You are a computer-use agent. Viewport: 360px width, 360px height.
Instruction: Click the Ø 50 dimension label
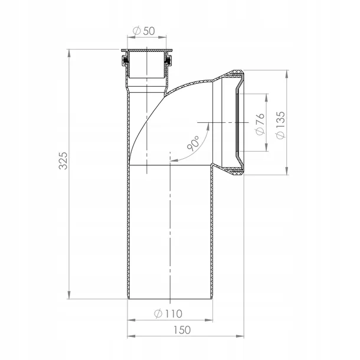pyautogui.click(x=145, y=30)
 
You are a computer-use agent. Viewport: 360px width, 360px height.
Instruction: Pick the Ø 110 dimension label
pyautogui.click(x=168, y=313)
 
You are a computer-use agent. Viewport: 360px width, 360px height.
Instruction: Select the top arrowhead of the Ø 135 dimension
pyautogui.click(x=287, y=74)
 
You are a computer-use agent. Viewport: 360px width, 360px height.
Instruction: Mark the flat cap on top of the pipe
pyautogui.click(x=146, y=51)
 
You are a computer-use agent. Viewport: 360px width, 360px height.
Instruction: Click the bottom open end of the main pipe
pyautogui.click(x=169, y=300)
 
